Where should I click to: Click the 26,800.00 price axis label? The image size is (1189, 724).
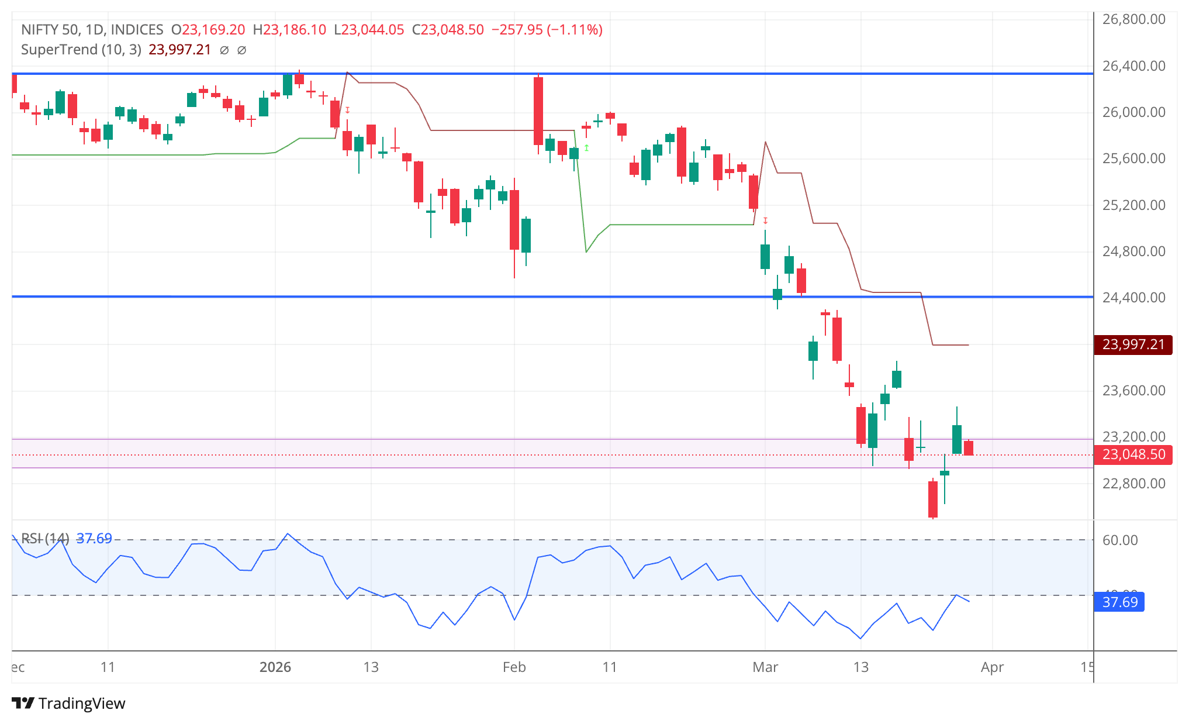point(1133,19)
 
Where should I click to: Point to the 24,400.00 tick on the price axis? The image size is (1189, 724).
point(1133,298)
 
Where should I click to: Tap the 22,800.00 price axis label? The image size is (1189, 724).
point(1133,484)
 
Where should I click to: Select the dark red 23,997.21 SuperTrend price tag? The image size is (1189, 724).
point(1133,344)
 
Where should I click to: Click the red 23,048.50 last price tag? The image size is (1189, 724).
point(1133,454)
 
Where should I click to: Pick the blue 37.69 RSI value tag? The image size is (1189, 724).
point(1119,602)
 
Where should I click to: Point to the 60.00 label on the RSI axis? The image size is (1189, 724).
point(1119,540)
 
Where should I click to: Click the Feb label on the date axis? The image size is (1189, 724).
point(514,667)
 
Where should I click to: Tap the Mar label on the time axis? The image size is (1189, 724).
point(765,667)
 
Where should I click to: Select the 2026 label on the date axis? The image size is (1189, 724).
point(275,667)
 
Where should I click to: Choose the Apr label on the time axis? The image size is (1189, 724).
point(992,667)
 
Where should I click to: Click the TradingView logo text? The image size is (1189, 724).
point(81,703)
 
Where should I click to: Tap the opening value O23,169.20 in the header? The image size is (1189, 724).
point(208,30)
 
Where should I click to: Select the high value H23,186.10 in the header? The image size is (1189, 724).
point(289,30)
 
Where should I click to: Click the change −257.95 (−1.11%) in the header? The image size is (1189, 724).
point(547,30)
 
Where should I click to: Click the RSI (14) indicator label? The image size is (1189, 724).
point(45,538)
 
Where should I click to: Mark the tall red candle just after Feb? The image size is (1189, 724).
point(538,111)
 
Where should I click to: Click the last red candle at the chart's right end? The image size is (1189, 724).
point(969,448)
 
